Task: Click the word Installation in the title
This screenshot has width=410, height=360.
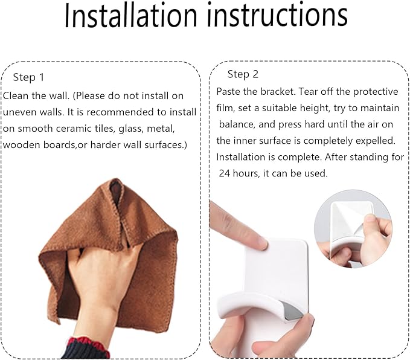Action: [x=130, y=15]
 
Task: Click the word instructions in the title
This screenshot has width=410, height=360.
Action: [x=277, y=15]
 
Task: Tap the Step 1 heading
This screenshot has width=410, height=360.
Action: [x=28, y=77]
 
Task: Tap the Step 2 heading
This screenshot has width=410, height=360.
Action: [x=243, y=74]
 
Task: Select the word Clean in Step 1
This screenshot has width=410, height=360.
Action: [x=16, y=96]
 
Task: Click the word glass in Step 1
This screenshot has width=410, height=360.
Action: [x=130, y=129]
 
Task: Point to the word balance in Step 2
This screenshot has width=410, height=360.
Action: [x=237, y=124]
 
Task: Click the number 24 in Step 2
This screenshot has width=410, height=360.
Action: [x=224, y=173]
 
